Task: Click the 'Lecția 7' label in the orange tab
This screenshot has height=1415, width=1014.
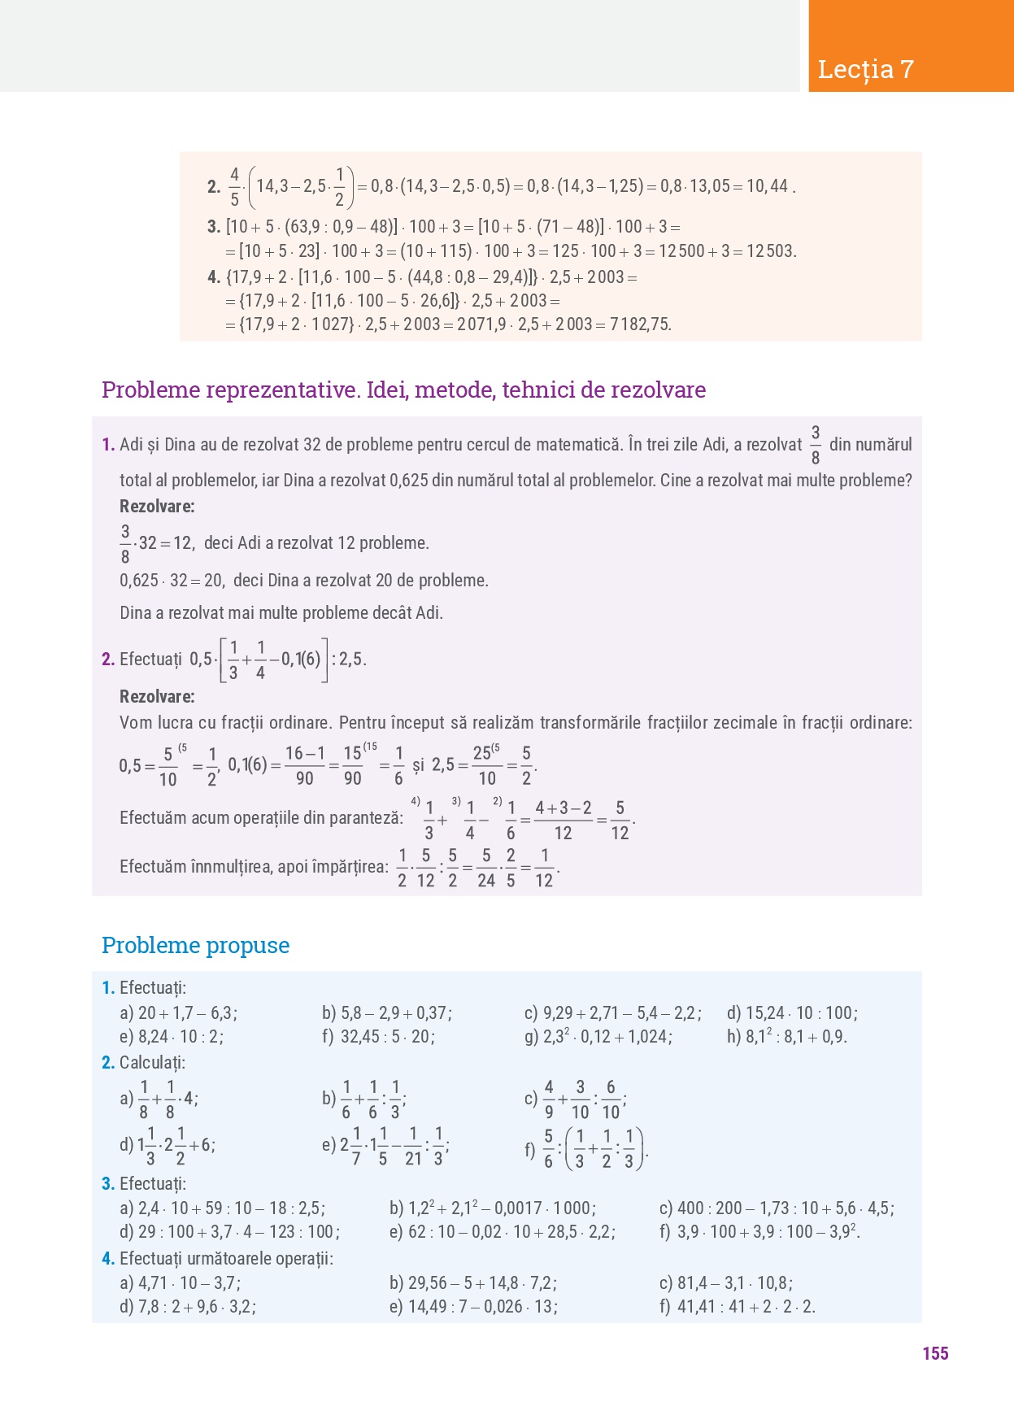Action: (866, 70)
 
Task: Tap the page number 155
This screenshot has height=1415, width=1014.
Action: (935, 1353)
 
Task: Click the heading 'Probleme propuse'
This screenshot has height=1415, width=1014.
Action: (195, 945)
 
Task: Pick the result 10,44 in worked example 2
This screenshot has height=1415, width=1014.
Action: (767, 186)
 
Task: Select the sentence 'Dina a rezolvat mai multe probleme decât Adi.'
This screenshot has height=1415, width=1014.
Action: (281, 613)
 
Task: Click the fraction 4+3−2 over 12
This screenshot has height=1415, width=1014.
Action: (563, 821)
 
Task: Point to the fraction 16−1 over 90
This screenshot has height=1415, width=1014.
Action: (305, 766)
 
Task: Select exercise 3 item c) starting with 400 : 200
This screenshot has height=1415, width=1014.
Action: (777, 1208)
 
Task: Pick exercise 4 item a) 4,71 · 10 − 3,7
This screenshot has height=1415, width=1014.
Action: (180, 1283)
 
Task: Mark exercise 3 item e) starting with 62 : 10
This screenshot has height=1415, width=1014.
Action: (502, 1232)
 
